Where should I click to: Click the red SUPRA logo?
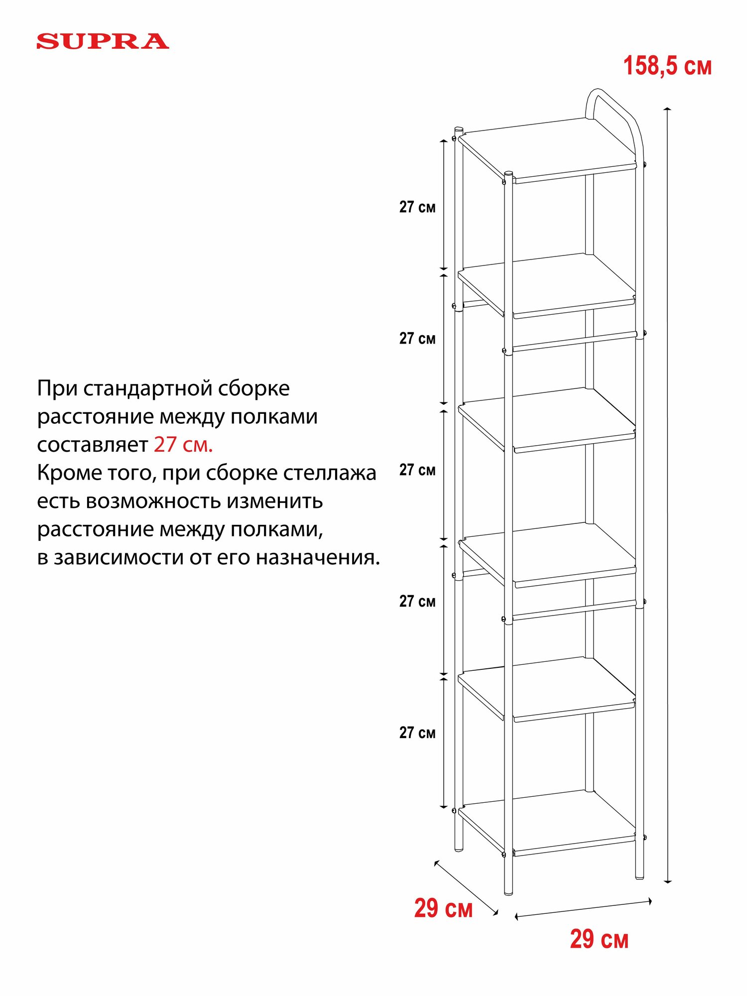103,41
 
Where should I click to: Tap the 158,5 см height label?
667,66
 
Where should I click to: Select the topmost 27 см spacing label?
417,207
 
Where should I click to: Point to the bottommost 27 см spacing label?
417,733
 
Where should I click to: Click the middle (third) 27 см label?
417,470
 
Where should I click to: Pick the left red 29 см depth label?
443,908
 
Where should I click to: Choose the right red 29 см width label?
599,939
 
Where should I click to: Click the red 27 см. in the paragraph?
183,445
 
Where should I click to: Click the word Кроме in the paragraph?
64,473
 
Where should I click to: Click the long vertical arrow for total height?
668,498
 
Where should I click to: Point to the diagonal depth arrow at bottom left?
466,887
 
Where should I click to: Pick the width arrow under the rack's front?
583,908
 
